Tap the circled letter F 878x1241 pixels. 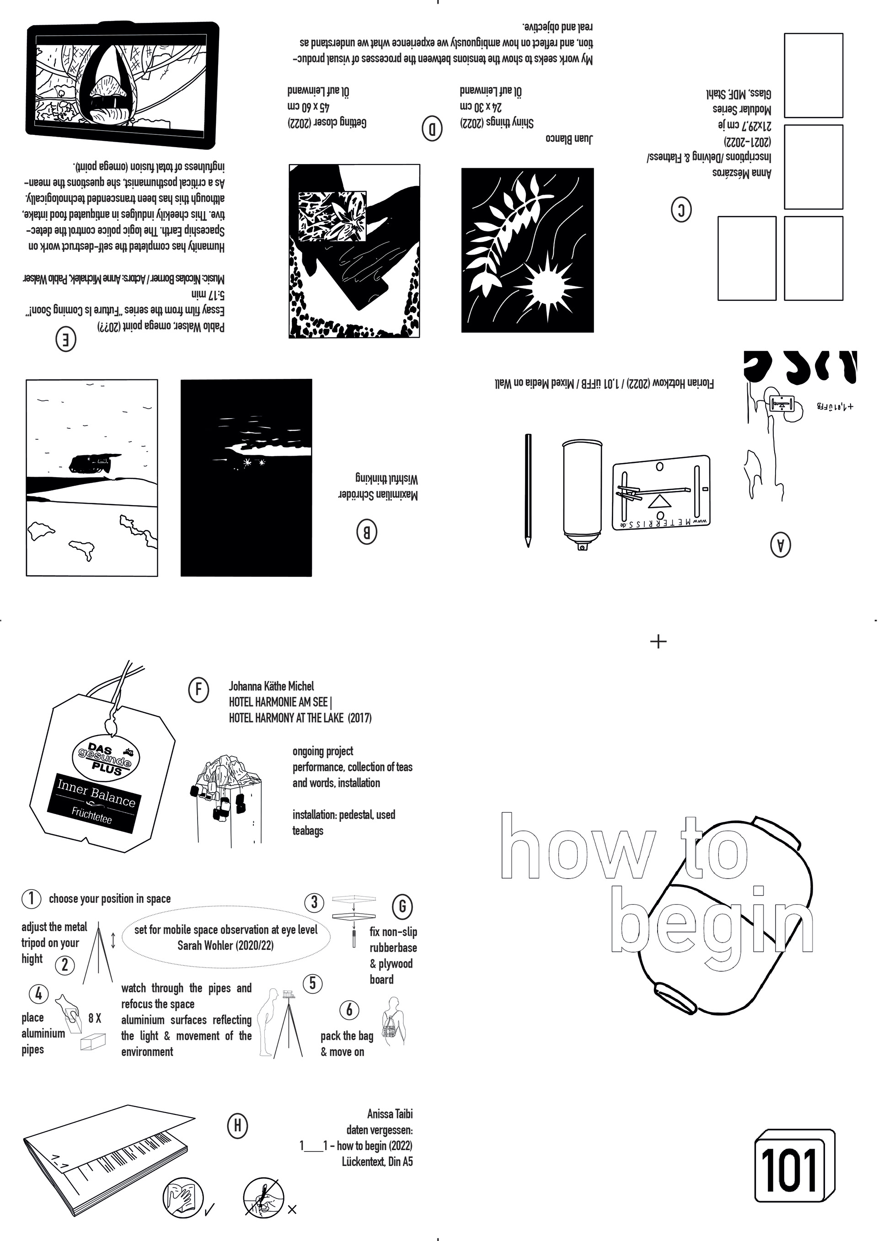point(198,690)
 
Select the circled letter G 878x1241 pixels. point(402,906)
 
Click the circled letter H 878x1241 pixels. point(237,1126)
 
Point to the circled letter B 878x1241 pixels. point(366,533)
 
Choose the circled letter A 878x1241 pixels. point(780,545)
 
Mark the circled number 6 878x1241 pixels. point(349,1010)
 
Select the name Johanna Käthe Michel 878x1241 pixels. point(271,687)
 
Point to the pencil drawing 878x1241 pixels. point(528,490)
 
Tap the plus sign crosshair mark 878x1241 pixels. point(658,642)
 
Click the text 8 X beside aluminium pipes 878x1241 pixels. point(95,1019)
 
